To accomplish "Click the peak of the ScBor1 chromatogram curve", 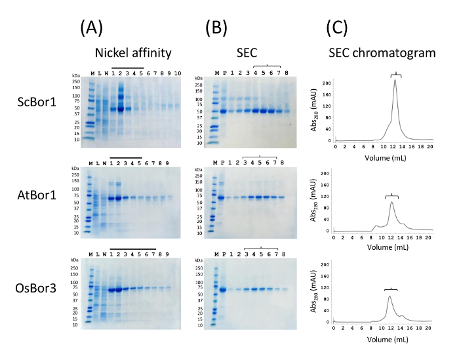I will [395, 80].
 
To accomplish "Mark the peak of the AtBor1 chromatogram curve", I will [391, 202].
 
